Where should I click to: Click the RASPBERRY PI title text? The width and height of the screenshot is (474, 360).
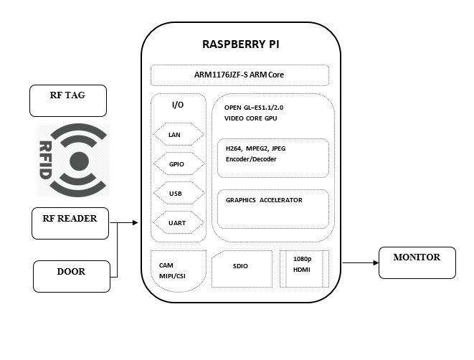(241, 44)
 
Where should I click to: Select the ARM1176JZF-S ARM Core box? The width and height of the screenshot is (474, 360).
(240, 75)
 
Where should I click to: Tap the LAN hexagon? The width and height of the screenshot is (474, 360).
(179, 134)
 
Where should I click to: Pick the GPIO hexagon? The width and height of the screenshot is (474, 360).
(179, 164)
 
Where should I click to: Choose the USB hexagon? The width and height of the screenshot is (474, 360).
(179, 193)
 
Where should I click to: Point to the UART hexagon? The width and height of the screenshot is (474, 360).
(179, 222)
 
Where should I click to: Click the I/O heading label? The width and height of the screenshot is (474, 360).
(178, 105)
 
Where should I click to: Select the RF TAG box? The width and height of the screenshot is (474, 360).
(68, 100)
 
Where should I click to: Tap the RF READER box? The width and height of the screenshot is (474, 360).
(70, 223)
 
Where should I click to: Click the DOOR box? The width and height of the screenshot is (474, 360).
(72, 276)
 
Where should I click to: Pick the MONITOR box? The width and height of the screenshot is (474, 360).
(417, 262)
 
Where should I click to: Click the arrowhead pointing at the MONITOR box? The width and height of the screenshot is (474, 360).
(376, 262)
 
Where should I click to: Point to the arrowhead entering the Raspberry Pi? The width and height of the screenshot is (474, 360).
(135, 223)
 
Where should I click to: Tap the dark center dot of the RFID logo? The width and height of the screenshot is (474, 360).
(79, 161)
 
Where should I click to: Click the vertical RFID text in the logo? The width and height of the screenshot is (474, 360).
(45, 160)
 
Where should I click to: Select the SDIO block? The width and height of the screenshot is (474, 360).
(242, 268)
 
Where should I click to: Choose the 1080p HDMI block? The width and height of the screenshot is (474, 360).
(304, 268)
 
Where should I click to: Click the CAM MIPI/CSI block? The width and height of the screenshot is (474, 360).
(179, 271)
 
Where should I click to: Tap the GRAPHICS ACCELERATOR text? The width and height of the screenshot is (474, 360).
(264, 200)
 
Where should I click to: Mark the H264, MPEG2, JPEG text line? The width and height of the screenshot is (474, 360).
(256, 148)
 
